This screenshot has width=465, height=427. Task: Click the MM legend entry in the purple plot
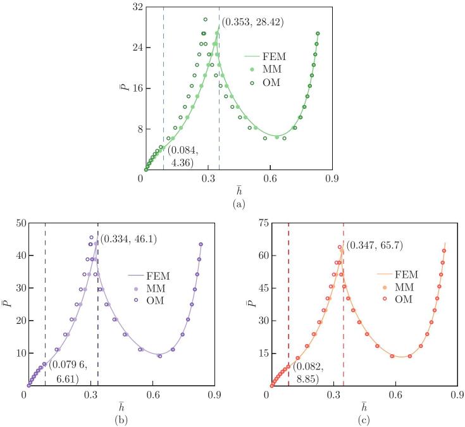coord(166,288)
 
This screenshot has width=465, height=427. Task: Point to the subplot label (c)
coord(362,418)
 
